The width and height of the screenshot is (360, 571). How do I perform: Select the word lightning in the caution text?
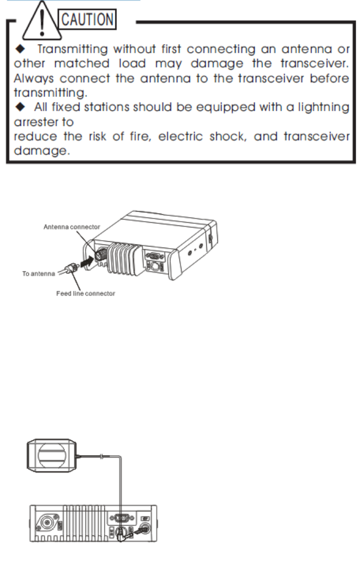[x=322, y=107]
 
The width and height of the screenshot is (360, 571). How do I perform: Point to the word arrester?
[x=29, y=122]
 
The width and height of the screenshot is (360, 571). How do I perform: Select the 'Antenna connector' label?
[x=72, y=227]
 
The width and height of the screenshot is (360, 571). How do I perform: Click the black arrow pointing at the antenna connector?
[x=86, y=260]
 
